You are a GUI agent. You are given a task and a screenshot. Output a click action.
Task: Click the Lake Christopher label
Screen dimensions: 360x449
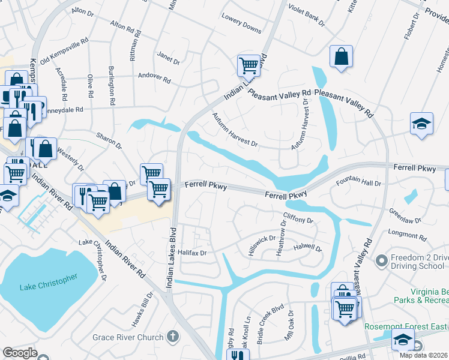click(49, 283)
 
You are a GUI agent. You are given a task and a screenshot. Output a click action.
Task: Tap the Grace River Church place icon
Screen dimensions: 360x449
click(173, 336)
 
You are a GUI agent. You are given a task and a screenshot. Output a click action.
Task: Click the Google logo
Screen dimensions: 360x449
click(20, 353)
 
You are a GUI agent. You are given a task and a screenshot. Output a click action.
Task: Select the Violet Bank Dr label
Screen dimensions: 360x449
click(306, 15)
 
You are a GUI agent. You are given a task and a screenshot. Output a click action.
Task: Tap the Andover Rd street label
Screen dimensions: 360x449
click(154, 79)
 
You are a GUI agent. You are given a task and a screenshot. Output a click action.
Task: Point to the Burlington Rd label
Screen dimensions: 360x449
click(111, 86)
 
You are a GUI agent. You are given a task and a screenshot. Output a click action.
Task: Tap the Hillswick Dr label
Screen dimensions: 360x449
click(262, 246)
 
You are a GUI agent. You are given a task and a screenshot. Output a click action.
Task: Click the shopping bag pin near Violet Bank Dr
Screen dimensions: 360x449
click(341, 58)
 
